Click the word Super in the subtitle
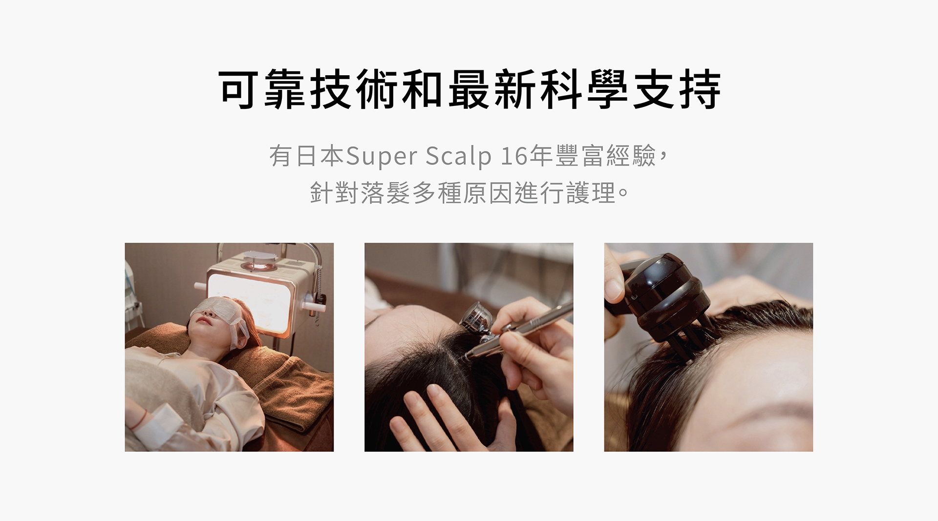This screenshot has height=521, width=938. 382,157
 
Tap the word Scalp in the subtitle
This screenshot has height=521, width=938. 458,157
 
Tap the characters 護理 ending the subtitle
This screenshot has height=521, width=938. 591,193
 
